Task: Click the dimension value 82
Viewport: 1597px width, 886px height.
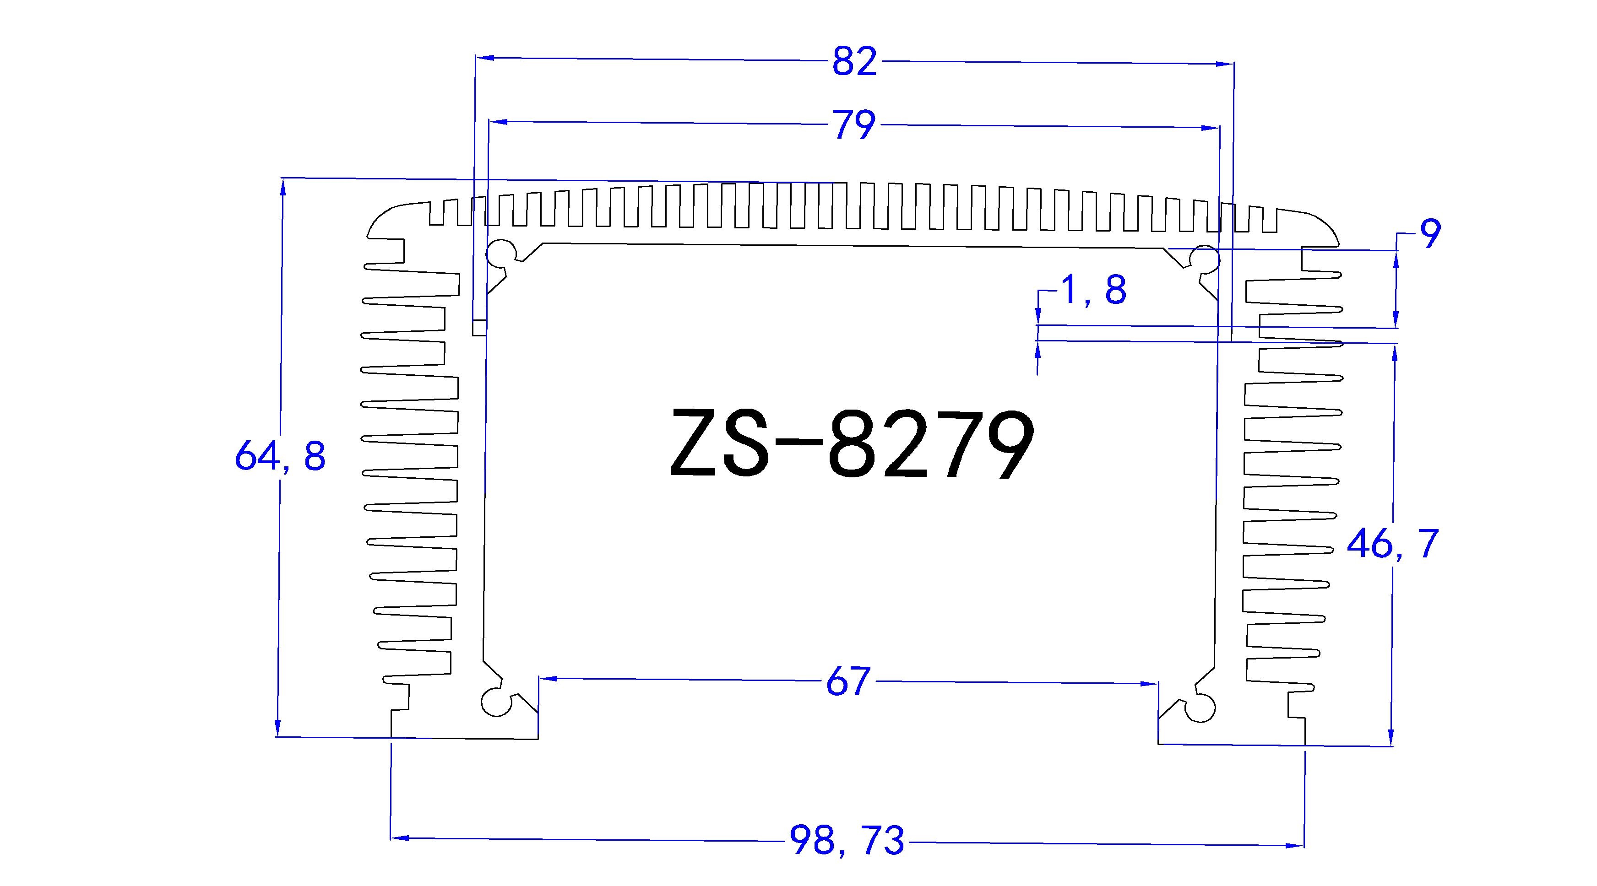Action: [x=854, y=61]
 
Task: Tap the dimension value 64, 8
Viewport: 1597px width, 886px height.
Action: [x=280, y=457]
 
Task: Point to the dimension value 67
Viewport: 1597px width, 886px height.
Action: [x=847, y=681]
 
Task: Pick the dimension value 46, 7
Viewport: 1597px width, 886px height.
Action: [x=1392, y=544]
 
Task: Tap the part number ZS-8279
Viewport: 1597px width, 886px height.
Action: [x=852, y=445]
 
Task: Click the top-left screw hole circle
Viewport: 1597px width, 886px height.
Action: [x=501, y=252]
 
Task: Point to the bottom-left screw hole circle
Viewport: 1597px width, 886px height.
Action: [x=495, y=702]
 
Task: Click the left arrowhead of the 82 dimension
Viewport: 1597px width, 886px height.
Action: [x=483, y=58]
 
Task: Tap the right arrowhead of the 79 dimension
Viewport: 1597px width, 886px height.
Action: [x=1212, y=128]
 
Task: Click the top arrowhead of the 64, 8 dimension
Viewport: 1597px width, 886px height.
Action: [x=283, y=186]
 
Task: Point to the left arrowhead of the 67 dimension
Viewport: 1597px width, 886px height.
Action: [x=548, y=678]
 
